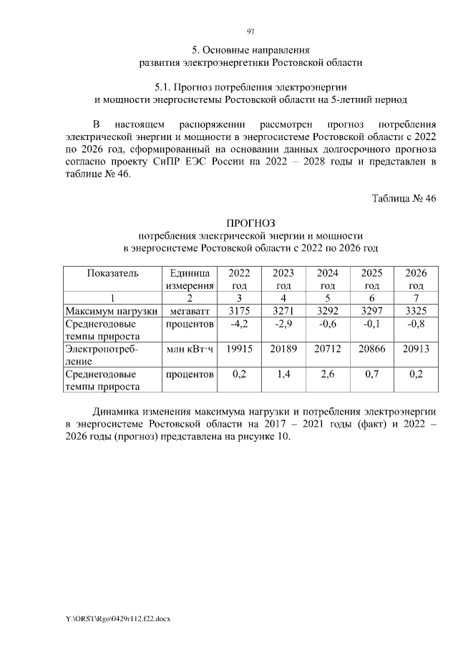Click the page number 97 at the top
pyautogui.click(x=250, y=31)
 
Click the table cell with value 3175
pyautogui.click(x=240, y=311)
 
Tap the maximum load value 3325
pyautogui.click(x=416, y=311)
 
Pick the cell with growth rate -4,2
pyautogui.click(x=240, y=324)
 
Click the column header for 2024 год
pyautogui.click(x=328, y=279)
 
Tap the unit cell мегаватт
pyautogui.click(x=190, y=311)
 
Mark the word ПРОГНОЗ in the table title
pyautogui.click(x=250, y=223)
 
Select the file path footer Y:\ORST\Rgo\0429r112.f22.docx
pyautogui.click(x=119, y=616)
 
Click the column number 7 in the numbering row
pyautogui.click(x=416, y=298)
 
